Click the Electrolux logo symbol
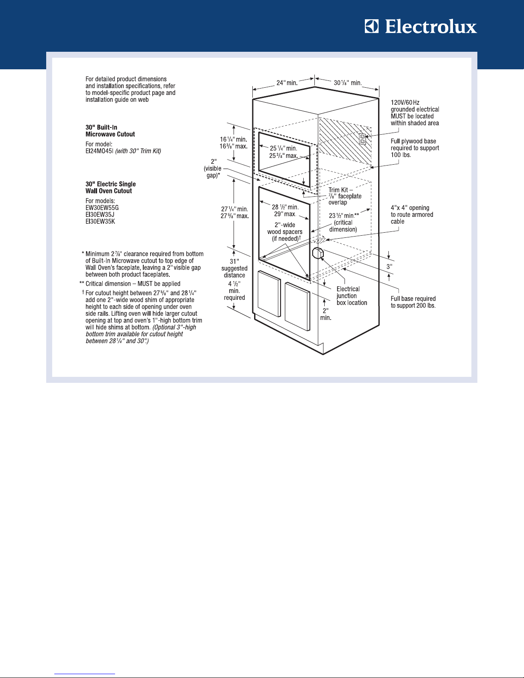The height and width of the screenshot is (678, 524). pyautogui.click(x=372, y=27)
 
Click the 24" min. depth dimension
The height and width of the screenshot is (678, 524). pyautogui.click(x=287, y=83)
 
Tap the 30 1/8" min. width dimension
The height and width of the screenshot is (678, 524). pyautogui.click(x=348, y=83)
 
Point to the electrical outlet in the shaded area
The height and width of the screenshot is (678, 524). pyautogui.click(x=362, y=139)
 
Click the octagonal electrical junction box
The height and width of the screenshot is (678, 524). pyautogui.click(x=317, y=253)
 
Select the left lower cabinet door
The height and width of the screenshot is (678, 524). pyautogui.click(x=269, y=293)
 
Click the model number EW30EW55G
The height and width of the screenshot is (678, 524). pyautogui.click(x=102, y=208)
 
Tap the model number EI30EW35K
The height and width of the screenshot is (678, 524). pyautogui.click(x=100, y=222)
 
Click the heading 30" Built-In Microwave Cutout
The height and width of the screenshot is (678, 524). pyautogui.click(x=110, y=131)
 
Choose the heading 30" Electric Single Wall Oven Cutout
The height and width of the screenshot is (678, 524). pyautogui.click(x=110, y=187)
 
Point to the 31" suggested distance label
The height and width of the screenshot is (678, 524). pyautogui.click(x=234, y=268)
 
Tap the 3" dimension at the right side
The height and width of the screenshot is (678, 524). pyautogui.click(x=389, y=266)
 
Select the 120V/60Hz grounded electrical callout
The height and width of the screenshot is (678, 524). pyautogui.click(x=414, y=113)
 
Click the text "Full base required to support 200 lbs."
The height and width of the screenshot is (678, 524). pyautogui.click(x=413, y=302)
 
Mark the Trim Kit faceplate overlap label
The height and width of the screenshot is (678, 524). pyautogui.click(x=345, y=196)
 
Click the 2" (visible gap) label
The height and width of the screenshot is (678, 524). pyautogui.click(x=213, y=169)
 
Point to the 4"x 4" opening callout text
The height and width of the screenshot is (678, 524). pyautogui.click(x=412, y=214)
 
